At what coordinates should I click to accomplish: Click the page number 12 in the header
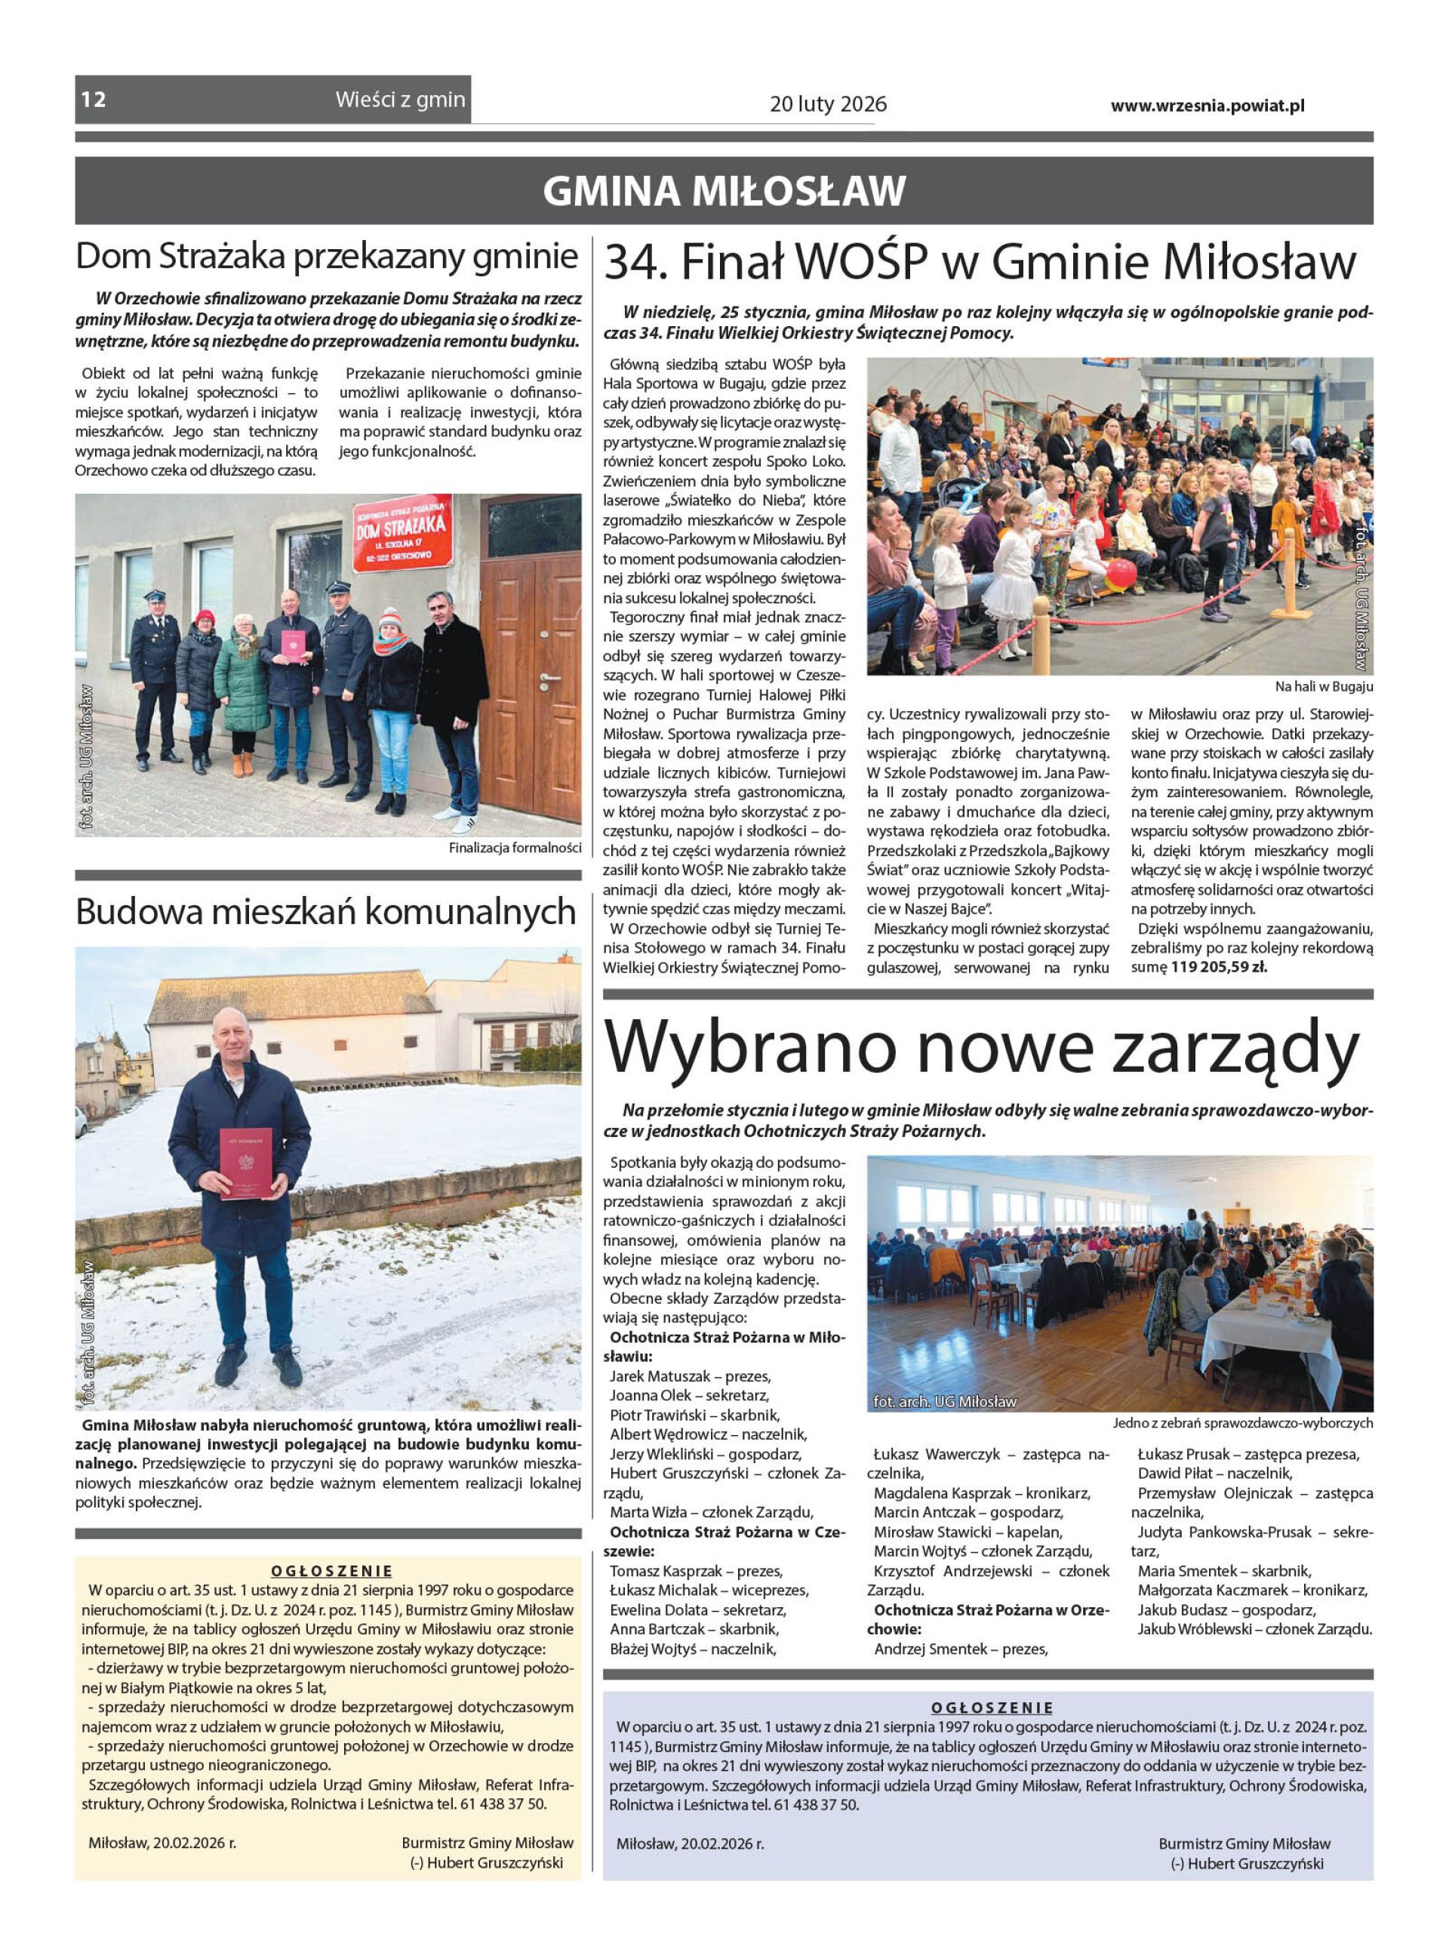[x=94, y=100]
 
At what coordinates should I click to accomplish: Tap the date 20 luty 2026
[x=828, y=104]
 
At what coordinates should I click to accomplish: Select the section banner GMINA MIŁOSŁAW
[x=724, y=190]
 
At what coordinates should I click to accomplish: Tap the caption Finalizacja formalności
[x=515, y=849]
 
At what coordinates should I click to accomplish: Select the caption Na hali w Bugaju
[x=1324, y=687]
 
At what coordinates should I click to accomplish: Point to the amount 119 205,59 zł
[x=1219, y=968]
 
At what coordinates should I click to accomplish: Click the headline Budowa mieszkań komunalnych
[x=326, y=912]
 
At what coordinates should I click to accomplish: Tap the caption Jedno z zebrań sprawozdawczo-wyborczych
[x=1243, y=1424]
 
